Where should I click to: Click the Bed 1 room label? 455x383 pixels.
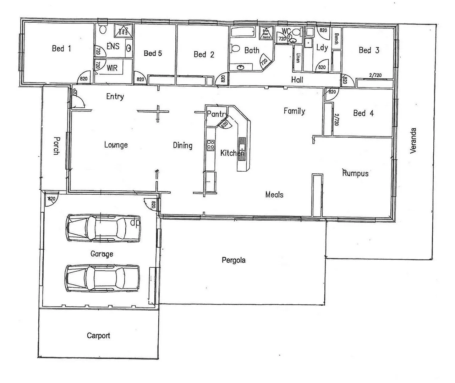pyautogui.click(x=61, y=48)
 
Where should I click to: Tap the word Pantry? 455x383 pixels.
pyautogui.click(x=217, y=114)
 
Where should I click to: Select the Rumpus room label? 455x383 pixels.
pyautogui.click(x=355, y=173)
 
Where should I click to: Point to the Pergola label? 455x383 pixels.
pyautogui.click(x=234, y=260)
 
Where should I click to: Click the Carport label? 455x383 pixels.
pyautogui.click(x=98, y=335)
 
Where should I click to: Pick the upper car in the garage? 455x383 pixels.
pyautogui.click(x=103, y=228)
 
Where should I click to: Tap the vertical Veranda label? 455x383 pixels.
pyautogui.click(x=413, y=141)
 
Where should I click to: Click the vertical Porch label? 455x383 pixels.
pyautogui.click(x=56, y=146)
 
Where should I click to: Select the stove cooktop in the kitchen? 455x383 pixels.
pyautogui.click(x=210, y=145)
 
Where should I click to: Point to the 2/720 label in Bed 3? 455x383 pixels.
pyautogui.click(x=375, y=75)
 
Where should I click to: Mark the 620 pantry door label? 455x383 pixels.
pyautogui.click(x=224, y=124)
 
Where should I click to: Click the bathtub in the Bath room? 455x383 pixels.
pyautogui.click(x=243, y=32)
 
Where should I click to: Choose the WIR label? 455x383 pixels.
pyautogui.click(x=112, y=68)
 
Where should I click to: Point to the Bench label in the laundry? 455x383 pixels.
pyautogui.click(x=336, y=39)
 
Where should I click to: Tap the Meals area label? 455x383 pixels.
pyautogui.click(x=274, y=194)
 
